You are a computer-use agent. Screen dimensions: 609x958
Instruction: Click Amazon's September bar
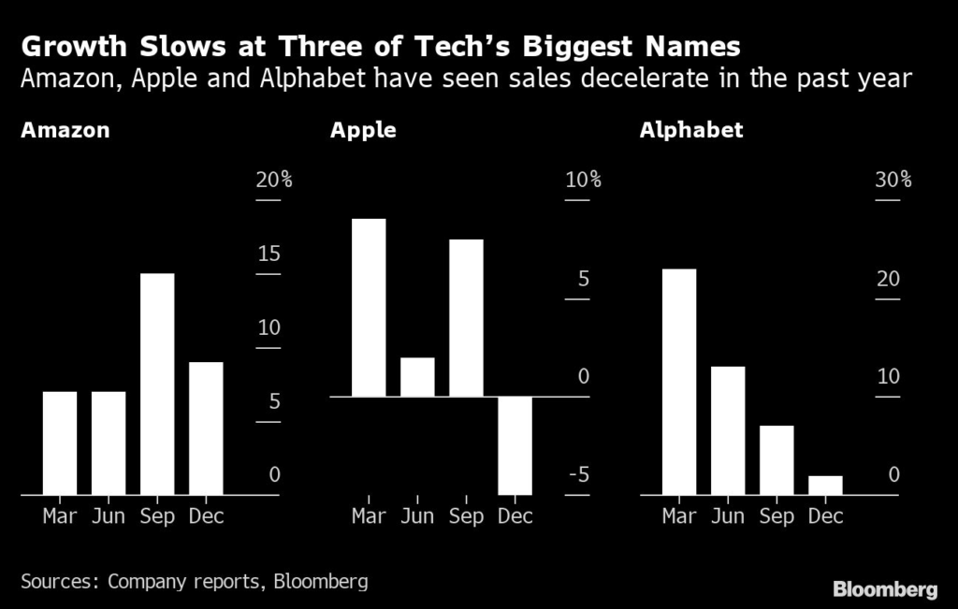[x=157, y=384]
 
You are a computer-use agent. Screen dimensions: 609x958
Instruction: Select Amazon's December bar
[x=206, y=428]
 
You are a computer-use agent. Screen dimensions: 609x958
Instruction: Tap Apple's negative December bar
[x=515, y=445]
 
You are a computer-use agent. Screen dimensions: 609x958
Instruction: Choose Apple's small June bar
[x=417, y=377]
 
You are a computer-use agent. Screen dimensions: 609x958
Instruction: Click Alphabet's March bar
[x=679, y=381]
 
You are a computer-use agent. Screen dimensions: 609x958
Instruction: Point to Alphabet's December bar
[x=825, y=485]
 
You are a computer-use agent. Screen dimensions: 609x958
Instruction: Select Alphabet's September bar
[x=777, y=459]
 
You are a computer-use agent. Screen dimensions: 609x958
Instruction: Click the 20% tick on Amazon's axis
[x=274, y=181]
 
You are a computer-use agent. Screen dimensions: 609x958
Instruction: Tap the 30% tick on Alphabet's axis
[x=893, y=181]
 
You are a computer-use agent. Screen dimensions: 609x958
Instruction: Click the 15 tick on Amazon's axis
[x=269, y=254]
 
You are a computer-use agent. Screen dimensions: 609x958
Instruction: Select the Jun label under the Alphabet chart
[x=728, y=516]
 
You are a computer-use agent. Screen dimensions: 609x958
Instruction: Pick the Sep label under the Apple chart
[x=466, y=516]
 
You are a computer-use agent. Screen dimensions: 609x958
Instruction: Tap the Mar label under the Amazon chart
[x=60, y=516]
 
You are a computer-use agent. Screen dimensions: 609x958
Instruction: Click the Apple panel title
[x=363, y=130]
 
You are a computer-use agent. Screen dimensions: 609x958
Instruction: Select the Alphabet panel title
[x=691, y=130]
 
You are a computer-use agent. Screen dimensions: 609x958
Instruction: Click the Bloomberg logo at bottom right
[x=885, y=589]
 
